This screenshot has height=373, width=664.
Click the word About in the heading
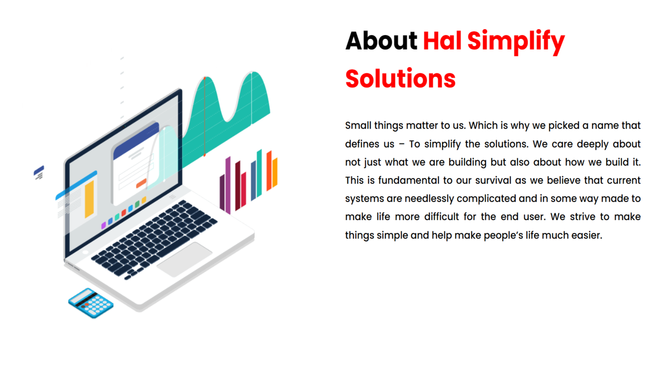pos(381,41)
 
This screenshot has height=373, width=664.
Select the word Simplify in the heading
pos(516,42)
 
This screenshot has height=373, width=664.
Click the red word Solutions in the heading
pos(401,79)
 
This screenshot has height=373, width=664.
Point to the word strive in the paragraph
pos(582,217)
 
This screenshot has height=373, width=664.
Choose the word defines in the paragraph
pos(362,144)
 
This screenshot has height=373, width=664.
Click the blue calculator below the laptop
pos(91,303)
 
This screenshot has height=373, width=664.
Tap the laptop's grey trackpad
pos(184,259)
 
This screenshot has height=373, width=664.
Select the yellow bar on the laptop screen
pos(89,200)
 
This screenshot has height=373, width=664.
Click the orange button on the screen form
pos(141,184)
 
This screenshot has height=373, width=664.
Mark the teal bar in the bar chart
pos(259,173)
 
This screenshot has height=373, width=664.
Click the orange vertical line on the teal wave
pos(205,117)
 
